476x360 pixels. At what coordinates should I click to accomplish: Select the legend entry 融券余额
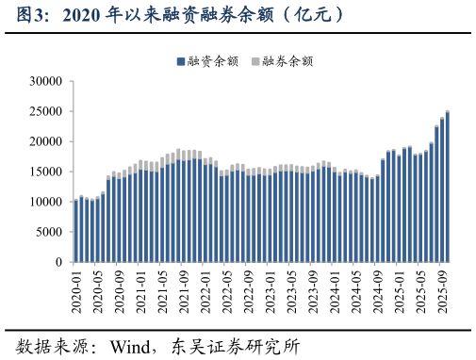286,61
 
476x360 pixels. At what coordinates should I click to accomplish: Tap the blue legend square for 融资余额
180,61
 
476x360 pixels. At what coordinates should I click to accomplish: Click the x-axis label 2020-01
76,290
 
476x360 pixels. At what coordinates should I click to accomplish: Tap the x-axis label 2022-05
227,290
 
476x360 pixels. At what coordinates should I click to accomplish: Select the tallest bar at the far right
447,187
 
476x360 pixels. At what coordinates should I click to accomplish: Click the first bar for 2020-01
76,231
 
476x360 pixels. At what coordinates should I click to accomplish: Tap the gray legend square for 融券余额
255,61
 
